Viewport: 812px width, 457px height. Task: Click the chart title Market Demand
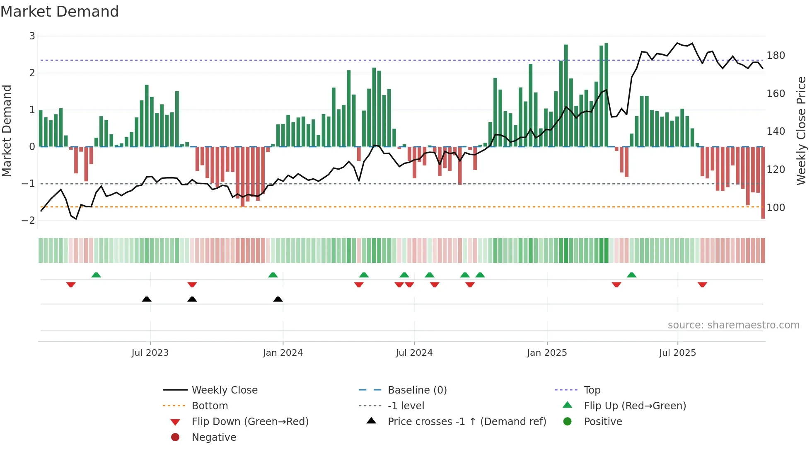pyautogui.click(x=60, y=12)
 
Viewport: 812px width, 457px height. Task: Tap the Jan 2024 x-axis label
pyautogui.click(x=283, y=353)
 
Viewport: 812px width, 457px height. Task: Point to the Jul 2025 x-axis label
pyautogui.click(x=677, y=353)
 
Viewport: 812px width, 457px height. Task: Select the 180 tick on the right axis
pyautogui.click(x=776, y=56)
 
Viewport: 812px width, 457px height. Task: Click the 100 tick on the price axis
pyautogui.click(x=776, y=207)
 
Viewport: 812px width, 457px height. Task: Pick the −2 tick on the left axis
pyautogui.click(x=28, y=221)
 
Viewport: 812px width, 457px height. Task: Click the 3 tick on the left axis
pyautogui.click(x=32, y=36)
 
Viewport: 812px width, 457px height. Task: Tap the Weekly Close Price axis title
pyautogui.click(x=801, y=131)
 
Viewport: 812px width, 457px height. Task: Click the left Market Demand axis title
pyautogui.click(x=7, y=131)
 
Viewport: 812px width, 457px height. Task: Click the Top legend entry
pyautogui.click(x=592, y=390)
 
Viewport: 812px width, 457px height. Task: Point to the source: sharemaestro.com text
pyautogui.click(x=733, y=325)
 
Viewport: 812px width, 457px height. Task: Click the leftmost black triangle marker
pyautogui.click(x=147, y=299)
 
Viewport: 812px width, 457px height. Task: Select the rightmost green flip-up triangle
pyautogui.click(x=631, y=275)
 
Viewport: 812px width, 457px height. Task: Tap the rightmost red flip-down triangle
pyautogui.click(x=702, y=284)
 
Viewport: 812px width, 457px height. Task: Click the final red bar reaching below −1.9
pyautogui.click(x=763, y=182)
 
